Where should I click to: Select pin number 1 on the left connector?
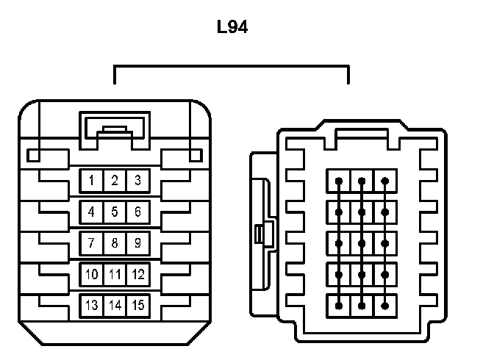tap(91, 181)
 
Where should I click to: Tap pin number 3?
tap(137, 181)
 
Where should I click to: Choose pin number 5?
tap(115, 212)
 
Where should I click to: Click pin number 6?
tap(137, 212)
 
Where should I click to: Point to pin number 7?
tap(91, 242)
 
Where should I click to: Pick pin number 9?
tap(137, 242)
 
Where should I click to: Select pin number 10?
tap(91, 274)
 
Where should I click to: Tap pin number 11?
tap(115, 274)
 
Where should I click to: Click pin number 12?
tap(137, 274)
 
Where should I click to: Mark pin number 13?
tap(91, 305)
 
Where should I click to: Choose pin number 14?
tap(115, 305)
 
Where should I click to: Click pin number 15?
tap(137, 305)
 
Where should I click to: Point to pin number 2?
tap(115, 181)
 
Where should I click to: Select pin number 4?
tap(91, 212)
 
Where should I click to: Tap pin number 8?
tap(115, 242)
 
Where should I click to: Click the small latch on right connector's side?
tap(259, 235)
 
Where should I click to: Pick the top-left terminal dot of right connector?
tap(339, 181)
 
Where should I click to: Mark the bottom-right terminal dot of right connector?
tap(385, 304)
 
